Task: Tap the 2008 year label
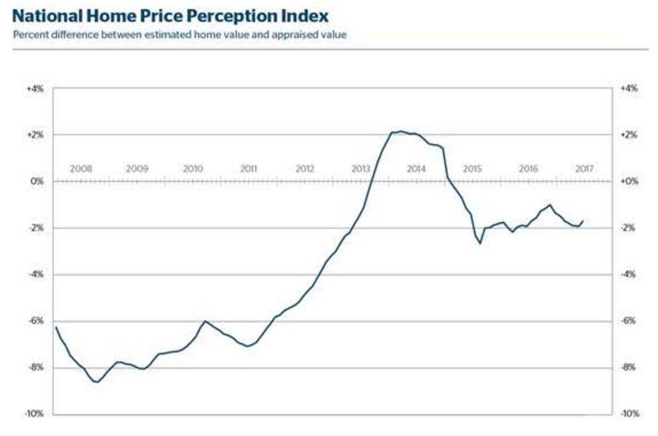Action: pyautogui.click(x=81, y=169)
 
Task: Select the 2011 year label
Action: pyautogui.click(x=248, y=169)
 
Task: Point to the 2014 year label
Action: pyautogui.click(x=416, y=169)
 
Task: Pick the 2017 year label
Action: pyautogui.click(x=584, y=169)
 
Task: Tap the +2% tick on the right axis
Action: pyautogui.click(x=628, y=135)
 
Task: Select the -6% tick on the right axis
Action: pyautogui.click(x=628, y=321)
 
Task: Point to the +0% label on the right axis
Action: pyautogui.click(x=628, y=181)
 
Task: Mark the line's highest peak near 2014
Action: pyautogui.click(x=400, y=131)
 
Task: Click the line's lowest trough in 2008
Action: pyautogui.click(x=97, y=382)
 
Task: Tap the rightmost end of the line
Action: pyautogui.click(x=583, y=221)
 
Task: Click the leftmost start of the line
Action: pyautogui.click(x=56, y=327)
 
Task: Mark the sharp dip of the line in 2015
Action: pyautogui.click(x=480, y=244)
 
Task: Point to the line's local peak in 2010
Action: pyautogui.click(x=205, y=321)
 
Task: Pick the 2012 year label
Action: pyautogui.click(x=304, y=169)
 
